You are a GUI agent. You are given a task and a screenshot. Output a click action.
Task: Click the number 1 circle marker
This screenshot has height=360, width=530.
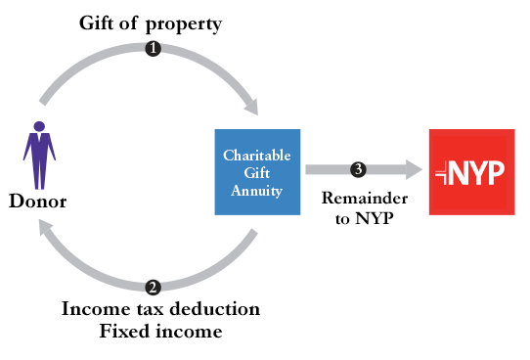tap(153, 49)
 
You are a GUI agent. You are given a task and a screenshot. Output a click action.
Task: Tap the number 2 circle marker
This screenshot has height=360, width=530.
tap(153, 287)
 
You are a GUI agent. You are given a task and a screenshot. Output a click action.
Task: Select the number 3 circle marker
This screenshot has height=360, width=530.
tap(359, 169)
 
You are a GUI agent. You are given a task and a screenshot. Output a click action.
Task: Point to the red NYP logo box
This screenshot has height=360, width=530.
tap(471, 172)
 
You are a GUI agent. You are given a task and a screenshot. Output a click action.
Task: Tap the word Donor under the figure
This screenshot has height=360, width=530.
tap(37, 202)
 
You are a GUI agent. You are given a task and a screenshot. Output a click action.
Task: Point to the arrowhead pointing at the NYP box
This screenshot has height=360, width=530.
tap(415, 170)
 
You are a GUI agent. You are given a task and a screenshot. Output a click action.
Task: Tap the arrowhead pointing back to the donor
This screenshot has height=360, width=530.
tap(43, 226)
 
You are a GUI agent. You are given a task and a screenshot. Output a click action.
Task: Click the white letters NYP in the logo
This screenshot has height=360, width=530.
tap(479, 173)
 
